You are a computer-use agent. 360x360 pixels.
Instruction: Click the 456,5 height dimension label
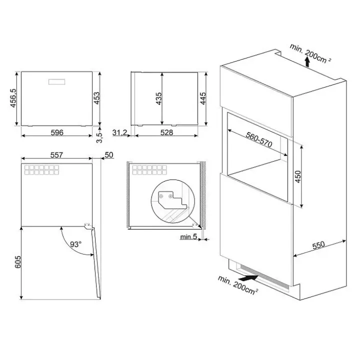(13, 98)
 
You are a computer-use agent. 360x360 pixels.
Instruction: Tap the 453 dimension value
(97, 98)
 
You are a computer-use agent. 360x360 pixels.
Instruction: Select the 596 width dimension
(57, 132)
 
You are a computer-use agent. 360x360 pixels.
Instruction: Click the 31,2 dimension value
(119, 132)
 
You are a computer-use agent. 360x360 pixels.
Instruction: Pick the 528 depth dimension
(166, 132)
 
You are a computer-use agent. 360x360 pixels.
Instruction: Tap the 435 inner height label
(159, 98)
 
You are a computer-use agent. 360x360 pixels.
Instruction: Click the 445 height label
(203, 98)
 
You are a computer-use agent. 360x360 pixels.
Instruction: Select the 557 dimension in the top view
(56, 155)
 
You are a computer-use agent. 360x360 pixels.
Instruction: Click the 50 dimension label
(109, 154)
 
